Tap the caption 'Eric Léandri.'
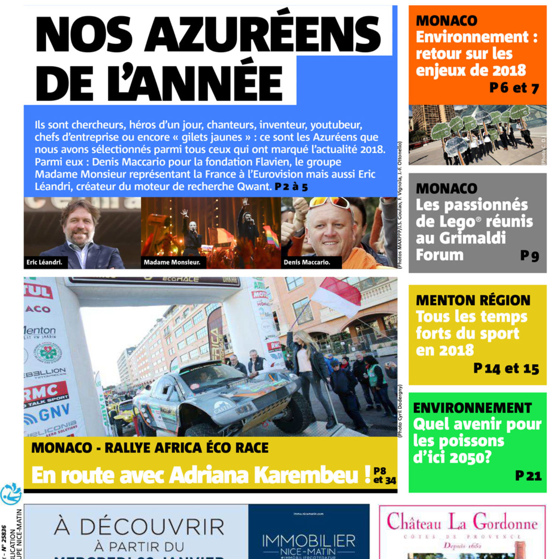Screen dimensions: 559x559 (x=44, y=262)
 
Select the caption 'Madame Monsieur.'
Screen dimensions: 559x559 (x=172, y=262)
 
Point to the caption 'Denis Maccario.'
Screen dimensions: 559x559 (x=307, y=262)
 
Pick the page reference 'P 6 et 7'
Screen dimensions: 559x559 (x=514, y=88)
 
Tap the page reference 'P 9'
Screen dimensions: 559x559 (x=529, y=256)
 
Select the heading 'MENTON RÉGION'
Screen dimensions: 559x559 (x=473, y=300)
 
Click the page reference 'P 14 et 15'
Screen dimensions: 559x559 (x=506, y=369)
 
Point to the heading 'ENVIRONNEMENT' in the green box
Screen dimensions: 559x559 (x=472, y=408)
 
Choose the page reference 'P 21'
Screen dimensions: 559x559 (x=528, y=476)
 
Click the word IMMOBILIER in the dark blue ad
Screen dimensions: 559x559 (x=309, y=541)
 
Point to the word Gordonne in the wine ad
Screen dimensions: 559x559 (x=505, y=523)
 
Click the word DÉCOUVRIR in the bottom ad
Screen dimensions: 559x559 (x=152, y=527)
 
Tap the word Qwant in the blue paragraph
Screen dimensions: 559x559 (x=254, y=186)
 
